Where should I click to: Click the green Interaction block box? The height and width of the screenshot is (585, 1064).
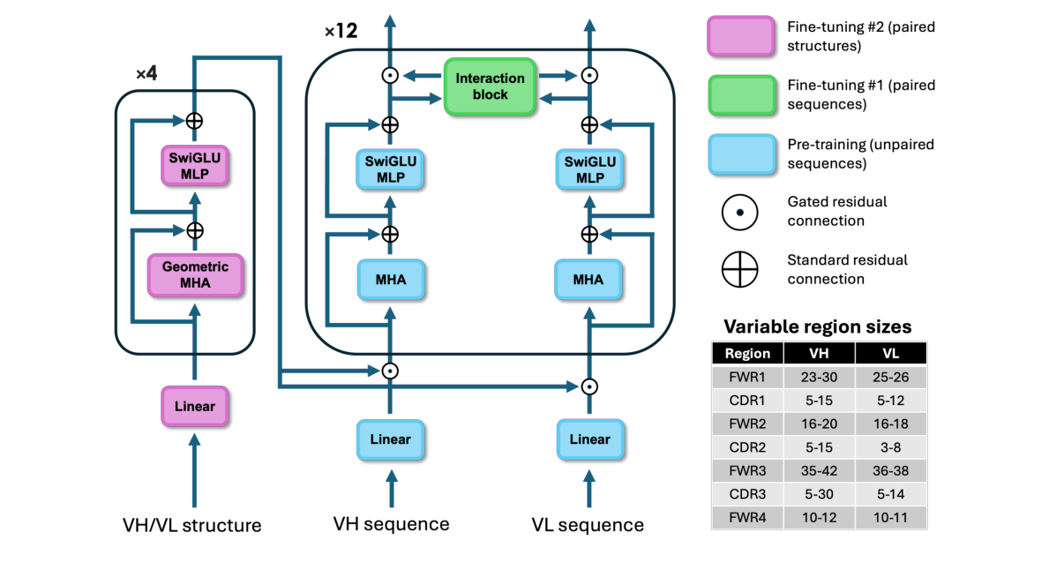click(490, 86)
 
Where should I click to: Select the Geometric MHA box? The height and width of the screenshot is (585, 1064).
click(195, 274)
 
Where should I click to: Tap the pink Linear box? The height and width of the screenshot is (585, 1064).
click(195, 406)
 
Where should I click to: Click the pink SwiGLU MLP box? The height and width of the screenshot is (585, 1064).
click(195, 165)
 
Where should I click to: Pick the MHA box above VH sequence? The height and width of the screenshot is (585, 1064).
click(390, 280)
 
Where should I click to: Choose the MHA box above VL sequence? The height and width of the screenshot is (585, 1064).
click(588, 280)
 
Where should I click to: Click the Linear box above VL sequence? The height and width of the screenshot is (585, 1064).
click(589, 439)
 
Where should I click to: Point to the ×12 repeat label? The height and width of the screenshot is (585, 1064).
click(341, 32)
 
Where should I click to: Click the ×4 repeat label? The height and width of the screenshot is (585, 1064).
click(146, 73)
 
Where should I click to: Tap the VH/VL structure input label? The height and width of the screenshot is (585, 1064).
click(192, 526)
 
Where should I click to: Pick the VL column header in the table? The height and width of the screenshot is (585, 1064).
click(891, 354)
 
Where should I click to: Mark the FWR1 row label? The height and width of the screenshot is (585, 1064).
click(747, 377)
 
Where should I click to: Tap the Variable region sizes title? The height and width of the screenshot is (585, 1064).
click(818, 327)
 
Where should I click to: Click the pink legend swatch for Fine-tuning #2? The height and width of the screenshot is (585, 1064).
click(741, 37)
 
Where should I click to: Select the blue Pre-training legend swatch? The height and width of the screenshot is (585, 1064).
click(741, 154)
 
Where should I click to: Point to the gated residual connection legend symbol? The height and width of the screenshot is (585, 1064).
click(740, 212)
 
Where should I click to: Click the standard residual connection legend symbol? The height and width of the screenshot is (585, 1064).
click(740, 269)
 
